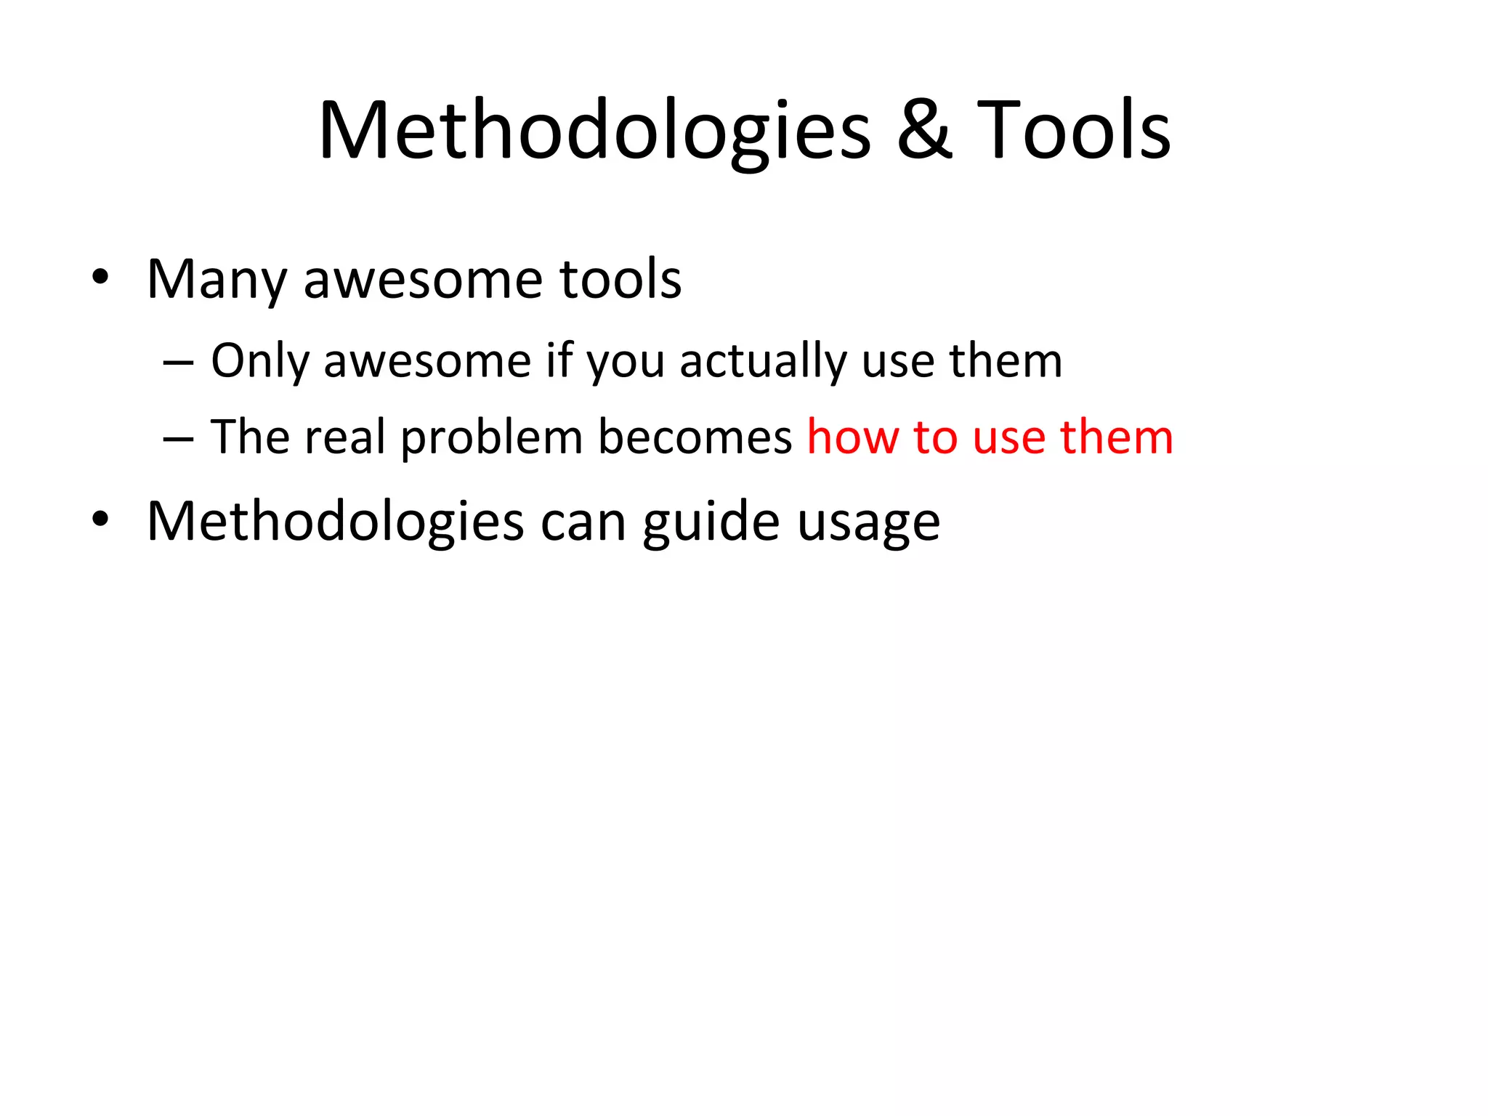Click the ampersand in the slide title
click(924, 131)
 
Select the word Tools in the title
click(1073, 131)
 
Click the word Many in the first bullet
click(217, 280)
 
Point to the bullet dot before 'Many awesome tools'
click(100, 278)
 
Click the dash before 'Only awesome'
click(179, 361)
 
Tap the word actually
click(763, 361)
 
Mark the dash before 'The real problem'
click(179, 438)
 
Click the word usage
click(868, 523)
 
